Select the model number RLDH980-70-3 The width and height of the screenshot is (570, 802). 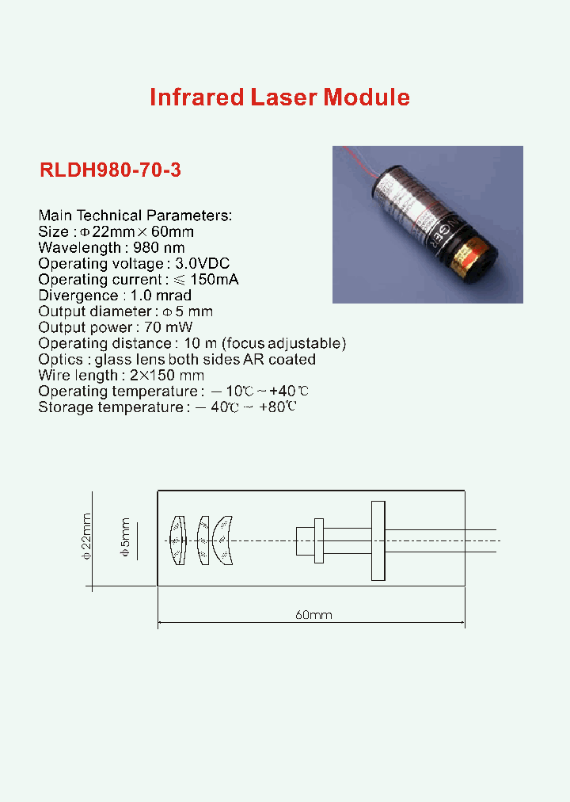click(x=110, y=170)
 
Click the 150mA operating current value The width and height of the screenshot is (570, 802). click(x=215, y=280)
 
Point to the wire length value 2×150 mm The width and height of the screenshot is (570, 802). click(x=164, y=375)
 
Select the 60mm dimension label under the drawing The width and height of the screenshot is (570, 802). click(x=313, y=615)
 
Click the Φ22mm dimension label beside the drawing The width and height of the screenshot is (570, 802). click(x=87, y=538)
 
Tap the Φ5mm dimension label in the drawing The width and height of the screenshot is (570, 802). click(x=124, y=540)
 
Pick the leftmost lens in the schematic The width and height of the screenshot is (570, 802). click(x=178, y=540)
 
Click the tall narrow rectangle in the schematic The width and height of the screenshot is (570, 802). click(x=378, y=540)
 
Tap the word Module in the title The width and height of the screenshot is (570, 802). click(x=366, y=97)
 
